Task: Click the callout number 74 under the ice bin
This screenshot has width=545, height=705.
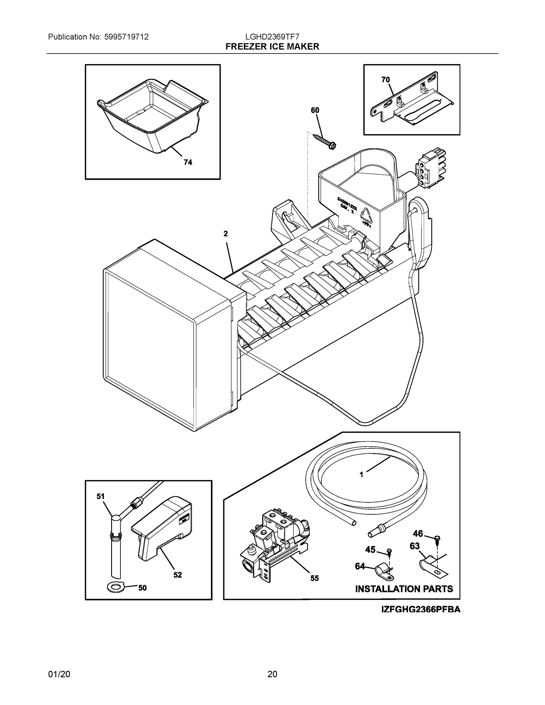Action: coord(188,162)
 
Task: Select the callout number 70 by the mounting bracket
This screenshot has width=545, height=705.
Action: coord(385,80)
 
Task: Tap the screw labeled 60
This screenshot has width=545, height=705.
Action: coord(324,141)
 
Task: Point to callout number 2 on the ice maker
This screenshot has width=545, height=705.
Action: coord(226,234)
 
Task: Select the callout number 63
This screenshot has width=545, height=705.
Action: coord(415,546)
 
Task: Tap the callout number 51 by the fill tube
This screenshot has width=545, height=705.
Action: coord(100,496)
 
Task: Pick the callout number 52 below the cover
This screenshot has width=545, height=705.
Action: coord(177,575)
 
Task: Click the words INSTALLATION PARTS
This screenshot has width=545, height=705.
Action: coord(404,589)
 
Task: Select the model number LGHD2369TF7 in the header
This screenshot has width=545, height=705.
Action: coord(273,37)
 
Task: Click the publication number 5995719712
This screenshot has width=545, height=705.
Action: coord(126,37)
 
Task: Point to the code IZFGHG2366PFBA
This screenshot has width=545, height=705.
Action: coord(421,610)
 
